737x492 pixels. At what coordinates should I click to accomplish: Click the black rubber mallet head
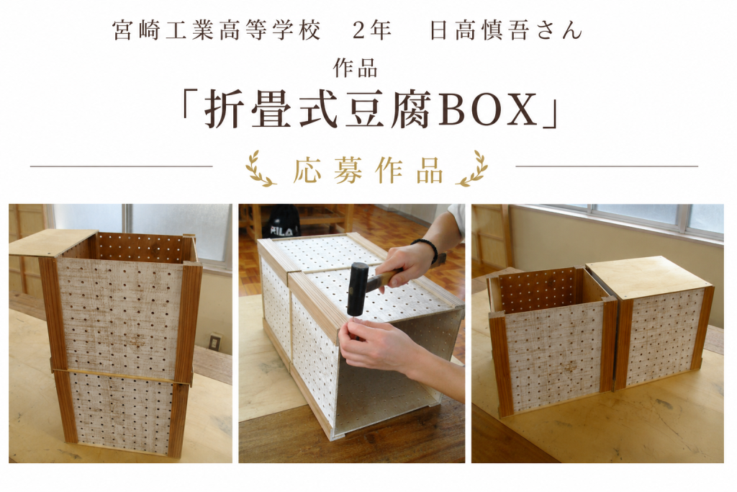(x=358, y=288)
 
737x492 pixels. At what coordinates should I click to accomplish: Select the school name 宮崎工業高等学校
(x=217, y=30)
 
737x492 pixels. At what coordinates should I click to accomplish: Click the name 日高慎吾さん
(x=506, y=30)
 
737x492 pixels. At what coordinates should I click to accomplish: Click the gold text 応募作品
(x=368, y=170)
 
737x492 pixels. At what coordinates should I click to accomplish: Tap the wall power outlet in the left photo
(x=214, y=341)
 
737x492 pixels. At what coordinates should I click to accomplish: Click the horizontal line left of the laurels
(x=121, y=166)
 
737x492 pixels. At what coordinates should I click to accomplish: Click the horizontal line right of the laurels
(x=607, y=166)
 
